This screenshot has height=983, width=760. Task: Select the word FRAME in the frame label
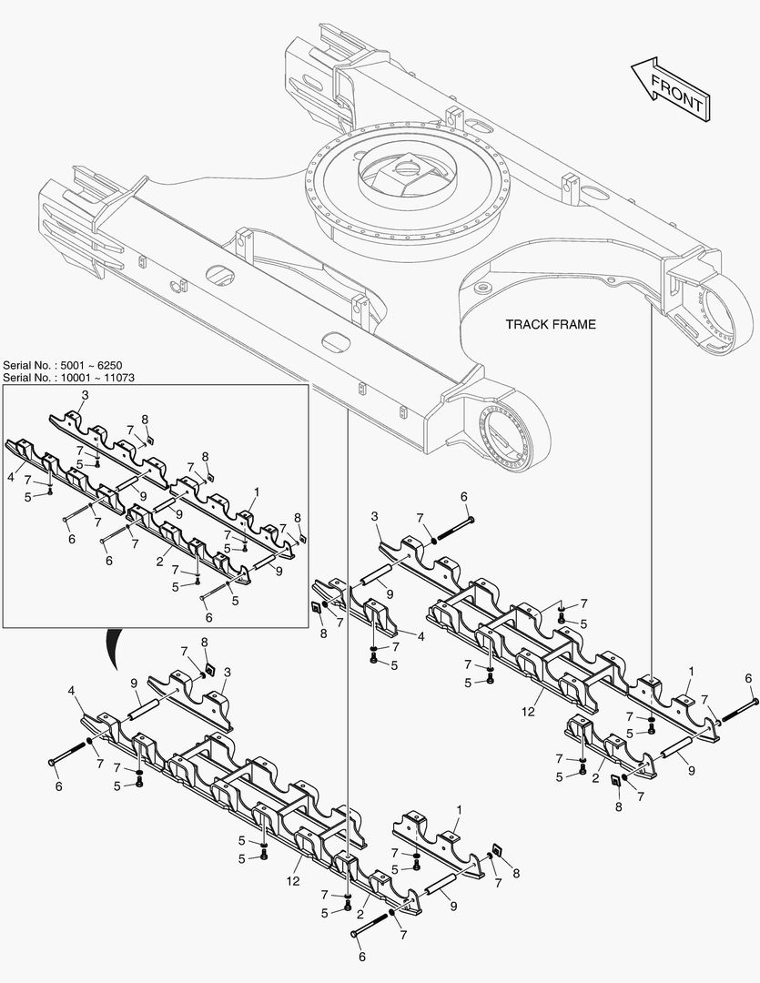point(574,324)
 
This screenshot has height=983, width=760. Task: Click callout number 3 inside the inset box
point(85,395)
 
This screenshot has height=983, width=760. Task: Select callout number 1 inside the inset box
point(257,491)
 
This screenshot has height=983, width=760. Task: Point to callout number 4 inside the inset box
point(10,476)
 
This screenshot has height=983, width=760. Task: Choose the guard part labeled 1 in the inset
point(232,515)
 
